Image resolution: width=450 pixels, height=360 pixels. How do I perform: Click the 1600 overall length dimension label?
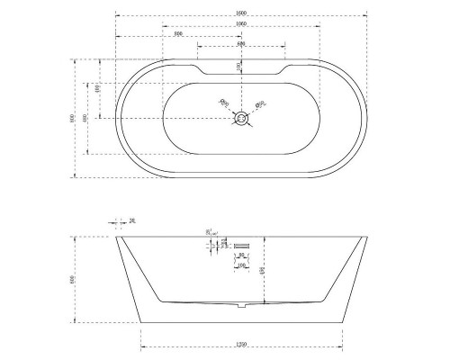coord(241,12)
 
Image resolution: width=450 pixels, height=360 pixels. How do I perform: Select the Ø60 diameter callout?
coord(224,103)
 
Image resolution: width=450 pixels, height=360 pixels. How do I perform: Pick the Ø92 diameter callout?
coord(260,103)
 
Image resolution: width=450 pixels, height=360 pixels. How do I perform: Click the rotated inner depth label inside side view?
coord(262,271)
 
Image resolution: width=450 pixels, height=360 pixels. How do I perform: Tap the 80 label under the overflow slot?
coord(241,256)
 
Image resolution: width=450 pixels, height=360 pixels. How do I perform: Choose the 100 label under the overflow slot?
coord(241,266)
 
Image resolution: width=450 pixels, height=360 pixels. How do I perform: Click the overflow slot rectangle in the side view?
coord(241,246)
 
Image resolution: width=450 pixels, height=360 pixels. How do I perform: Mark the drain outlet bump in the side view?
coord(241,307)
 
